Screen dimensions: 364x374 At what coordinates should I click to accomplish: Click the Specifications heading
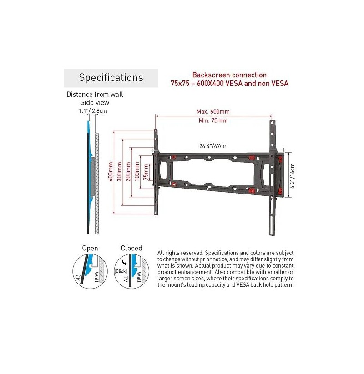[111, 78]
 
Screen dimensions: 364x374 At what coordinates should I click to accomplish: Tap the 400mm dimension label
[111, 172]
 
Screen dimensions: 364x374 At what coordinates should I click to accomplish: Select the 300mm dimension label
[119, 172]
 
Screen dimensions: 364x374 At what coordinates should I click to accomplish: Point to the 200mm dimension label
[128, 172]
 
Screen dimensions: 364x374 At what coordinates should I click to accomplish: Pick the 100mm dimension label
[137, 172]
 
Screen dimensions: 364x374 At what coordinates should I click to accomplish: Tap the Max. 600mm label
[213, 111]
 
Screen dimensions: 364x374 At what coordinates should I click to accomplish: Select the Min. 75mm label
[213, 120]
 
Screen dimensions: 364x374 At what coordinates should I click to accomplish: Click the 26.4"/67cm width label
[213, 146]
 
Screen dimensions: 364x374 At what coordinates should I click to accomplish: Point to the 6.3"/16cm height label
[292, 176]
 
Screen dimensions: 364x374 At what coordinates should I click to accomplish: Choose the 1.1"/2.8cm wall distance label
[93, 111]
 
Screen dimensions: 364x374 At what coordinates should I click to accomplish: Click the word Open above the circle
[90, 249]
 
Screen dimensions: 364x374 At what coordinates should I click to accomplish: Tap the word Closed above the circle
[131, 248]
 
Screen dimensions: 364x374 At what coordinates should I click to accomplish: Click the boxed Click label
[121, 271]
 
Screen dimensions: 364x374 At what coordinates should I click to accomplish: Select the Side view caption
[95, 102]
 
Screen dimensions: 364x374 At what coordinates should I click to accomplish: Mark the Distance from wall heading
[95, 95]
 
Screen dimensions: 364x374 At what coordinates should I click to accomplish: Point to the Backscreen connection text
[229, 75]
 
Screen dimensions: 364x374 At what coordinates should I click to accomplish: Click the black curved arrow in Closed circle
[124, 263]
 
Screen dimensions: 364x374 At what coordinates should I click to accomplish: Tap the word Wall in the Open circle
[96, 277]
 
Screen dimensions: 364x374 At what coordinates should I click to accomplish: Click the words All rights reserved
[180, 253]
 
